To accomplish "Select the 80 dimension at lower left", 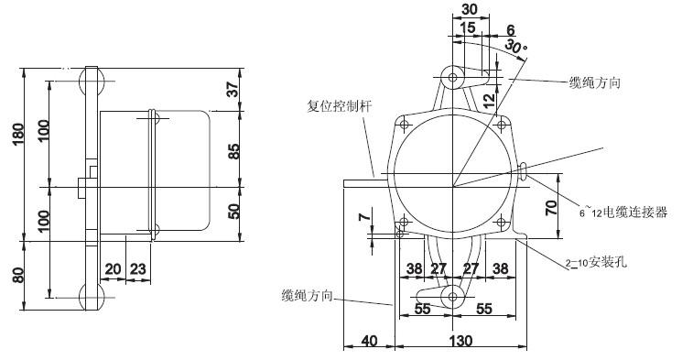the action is tap(11, 275).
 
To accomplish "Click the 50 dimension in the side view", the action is tap(233, 212).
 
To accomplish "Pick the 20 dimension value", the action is tap(113, 268).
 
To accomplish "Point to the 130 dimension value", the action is tap(460, 341).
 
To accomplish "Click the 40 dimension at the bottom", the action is tap(370, 341).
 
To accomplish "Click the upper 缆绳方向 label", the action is tap(596, 82).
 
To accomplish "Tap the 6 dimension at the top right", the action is tap(511, 28).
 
